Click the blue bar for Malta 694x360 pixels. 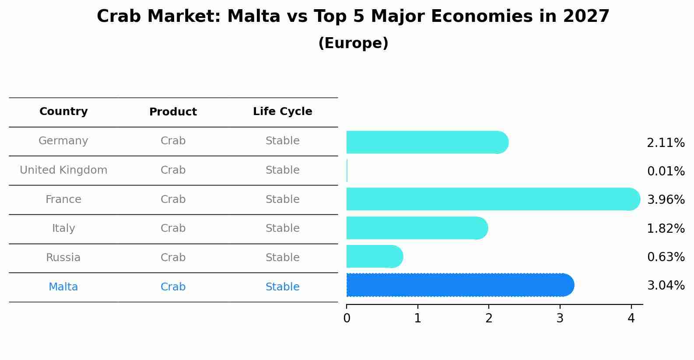[460, 285]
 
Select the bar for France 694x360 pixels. [493, 199]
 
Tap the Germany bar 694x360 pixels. [428, 142]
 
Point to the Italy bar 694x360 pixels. [417, 228]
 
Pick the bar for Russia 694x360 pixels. [375, 256]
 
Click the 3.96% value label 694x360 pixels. [666, 199]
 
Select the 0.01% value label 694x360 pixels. [666, 171]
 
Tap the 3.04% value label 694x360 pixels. [666, 285]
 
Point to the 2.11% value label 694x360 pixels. [666, 143]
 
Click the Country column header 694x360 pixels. [63, 111]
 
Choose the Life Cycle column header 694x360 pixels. [283, 111]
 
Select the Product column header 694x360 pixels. [173, 112]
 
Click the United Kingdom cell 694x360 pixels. [63, 170]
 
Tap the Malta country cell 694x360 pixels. [63, 287]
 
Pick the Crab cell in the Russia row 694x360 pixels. [173, 257]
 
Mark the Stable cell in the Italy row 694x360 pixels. [283, 228]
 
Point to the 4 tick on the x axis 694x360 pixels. [631, 318]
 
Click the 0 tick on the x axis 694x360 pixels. [347, 318]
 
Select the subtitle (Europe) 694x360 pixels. [353, 43]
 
